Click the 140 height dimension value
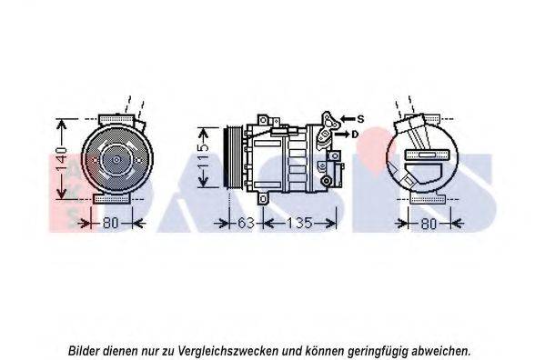pyautogui.click(x=61, y=160)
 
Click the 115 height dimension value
pyautogui.click(x=203, y=157)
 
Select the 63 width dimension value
pyautogui.click(x=246, y=223)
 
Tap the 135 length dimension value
pyautogui.click(x=299, y=223)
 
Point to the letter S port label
pyautogui.click(x=361, y=119)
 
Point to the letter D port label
pyautogui.click(x=355, y=134)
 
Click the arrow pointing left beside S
pyautogui.click(x=348, y=119)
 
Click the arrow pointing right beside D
pyautogui.click(x=342, y=134)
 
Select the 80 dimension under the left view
pyautogui.click(x=111, y=223)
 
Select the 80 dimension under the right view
pyautogui.click(x=429, y=224)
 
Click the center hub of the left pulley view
pyautogui.click(x=116, y=160)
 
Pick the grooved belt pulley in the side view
pyautogui.click(x=234, y=158)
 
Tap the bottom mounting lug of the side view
pyautogui.click(x=262, y=198)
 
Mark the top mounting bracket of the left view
pyautogui.click(x=116, y=119)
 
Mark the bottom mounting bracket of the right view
pyautogui.click(x=428, y=199)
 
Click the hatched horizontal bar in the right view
pyautogui.click(x=428, y=155)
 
